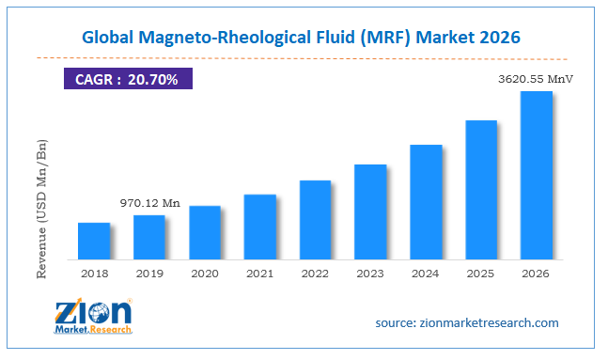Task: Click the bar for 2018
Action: click(x=93, y=241)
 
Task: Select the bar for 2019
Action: click(x=148, y=237)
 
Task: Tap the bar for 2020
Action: click(x=204, y=232)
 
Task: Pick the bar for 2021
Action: click(x=259, y=227)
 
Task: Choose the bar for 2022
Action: click(x=315, y=219)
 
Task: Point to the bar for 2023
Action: click(x=370, y=211)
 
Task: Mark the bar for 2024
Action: click(x=426, y=202)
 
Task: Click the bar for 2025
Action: click(x=481, y=189)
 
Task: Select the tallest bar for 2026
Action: click(x=537, y=175)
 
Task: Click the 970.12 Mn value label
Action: click(x=149, y=203)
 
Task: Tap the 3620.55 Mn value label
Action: click(x=535, y=79)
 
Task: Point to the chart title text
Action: click(x=304, y=38)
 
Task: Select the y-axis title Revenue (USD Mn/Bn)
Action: click(x=41, y=209)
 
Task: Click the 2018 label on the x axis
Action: click(x=93, y=274)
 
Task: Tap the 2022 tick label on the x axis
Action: click(x=315, y=274)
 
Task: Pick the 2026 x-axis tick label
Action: click(x=537, y=274)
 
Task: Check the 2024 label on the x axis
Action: click(x=426, y=274)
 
